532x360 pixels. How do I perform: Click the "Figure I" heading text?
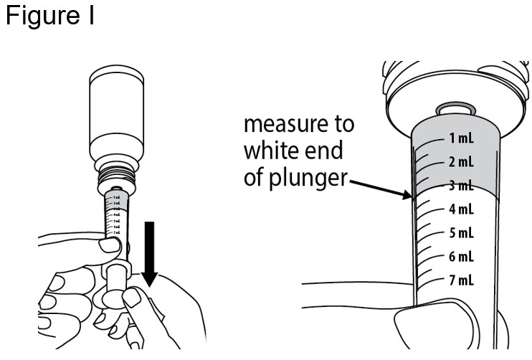click(x=49, y=16)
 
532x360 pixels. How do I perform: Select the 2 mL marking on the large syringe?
click(x=460, y=162)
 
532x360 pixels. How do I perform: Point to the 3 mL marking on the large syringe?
click(x=460, y=186)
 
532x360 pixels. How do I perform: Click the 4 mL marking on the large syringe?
click(x=460, y=209)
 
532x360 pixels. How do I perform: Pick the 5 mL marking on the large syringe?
click(x=460, y=233)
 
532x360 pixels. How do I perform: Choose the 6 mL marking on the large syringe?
click(x=460, y=257)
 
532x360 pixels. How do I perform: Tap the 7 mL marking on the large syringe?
click(x=460, y=280)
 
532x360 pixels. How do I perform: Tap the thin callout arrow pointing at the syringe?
click(x=380, y=187)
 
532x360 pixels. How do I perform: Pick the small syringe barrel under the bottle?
click(x=117, y=222)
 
